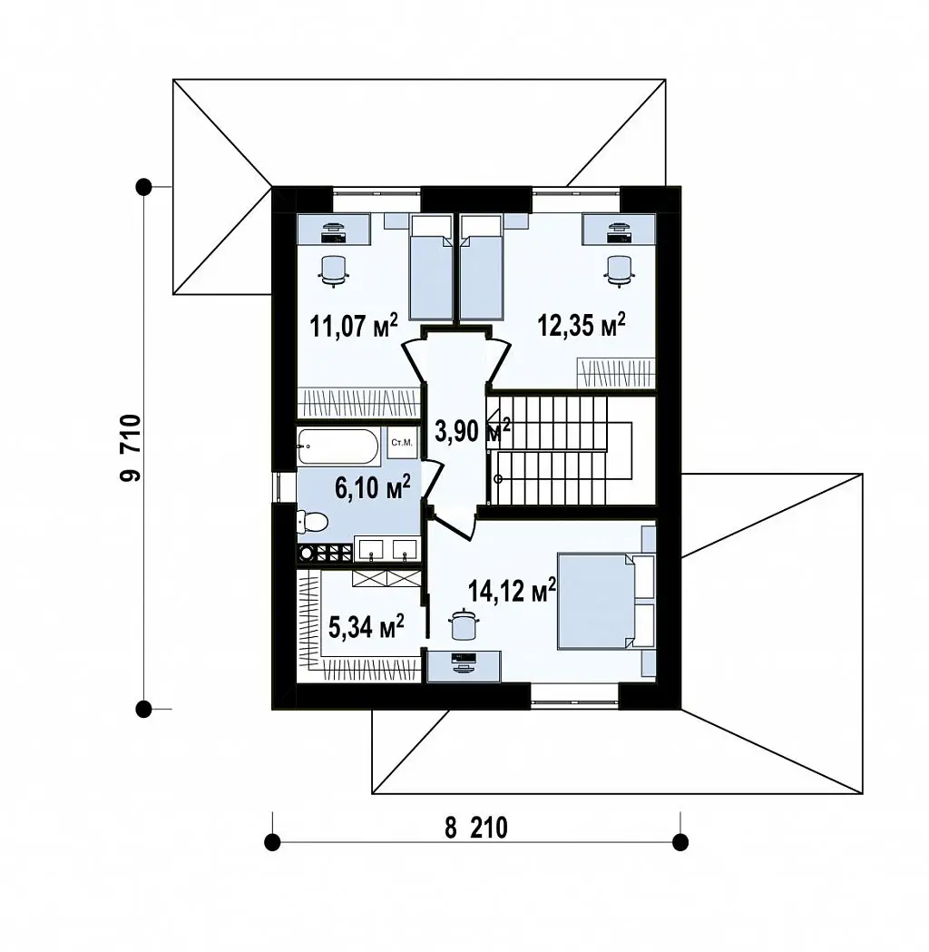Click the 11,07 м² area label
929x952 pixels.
pyautogui.click(x=354, y=326)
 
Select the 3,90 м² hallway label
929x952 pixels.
pyautogui.click(x=473, y=430)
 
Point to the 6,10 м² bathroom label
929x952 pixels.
pyautogui.click(x=373, y=487)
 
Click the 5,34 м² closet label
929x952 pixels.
pyautogui.click(x=367, y=626)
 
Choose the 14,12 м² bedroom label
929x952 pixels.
pyautogui.click(x=513, y=590)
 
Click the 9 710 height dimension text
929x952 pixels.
pyautogui.click(x=130, y=448)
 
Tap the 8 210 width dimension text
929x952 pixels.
pyautogui.click(x=476, y=828)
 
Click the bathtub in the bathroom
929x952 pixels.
pyautogui.click(x=338, y=447)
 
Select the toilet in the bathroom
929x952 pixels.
pyautogui.click(x=312, y=521)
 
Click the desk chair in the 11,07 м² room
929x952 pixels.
pyautogui.click(x=333, y=270)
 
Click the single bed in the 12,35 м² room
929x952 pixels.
pyautogui.click(x=482, y=267)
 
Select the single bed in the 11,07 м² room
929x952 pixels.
pyautogui.click(x=432, y=267)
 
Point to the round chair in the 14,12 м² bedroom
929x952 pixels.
pyautogui.click(x=464, y=623)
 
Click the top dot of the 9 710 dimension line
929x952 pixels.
pyautogui.click(x=144, y=186)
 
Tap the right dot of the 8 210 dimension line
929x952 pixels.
pyautogui.click(x=680, y=842)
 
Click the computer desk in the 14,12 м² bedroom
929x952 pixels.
pyautogui.click(x=464, y=666)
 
